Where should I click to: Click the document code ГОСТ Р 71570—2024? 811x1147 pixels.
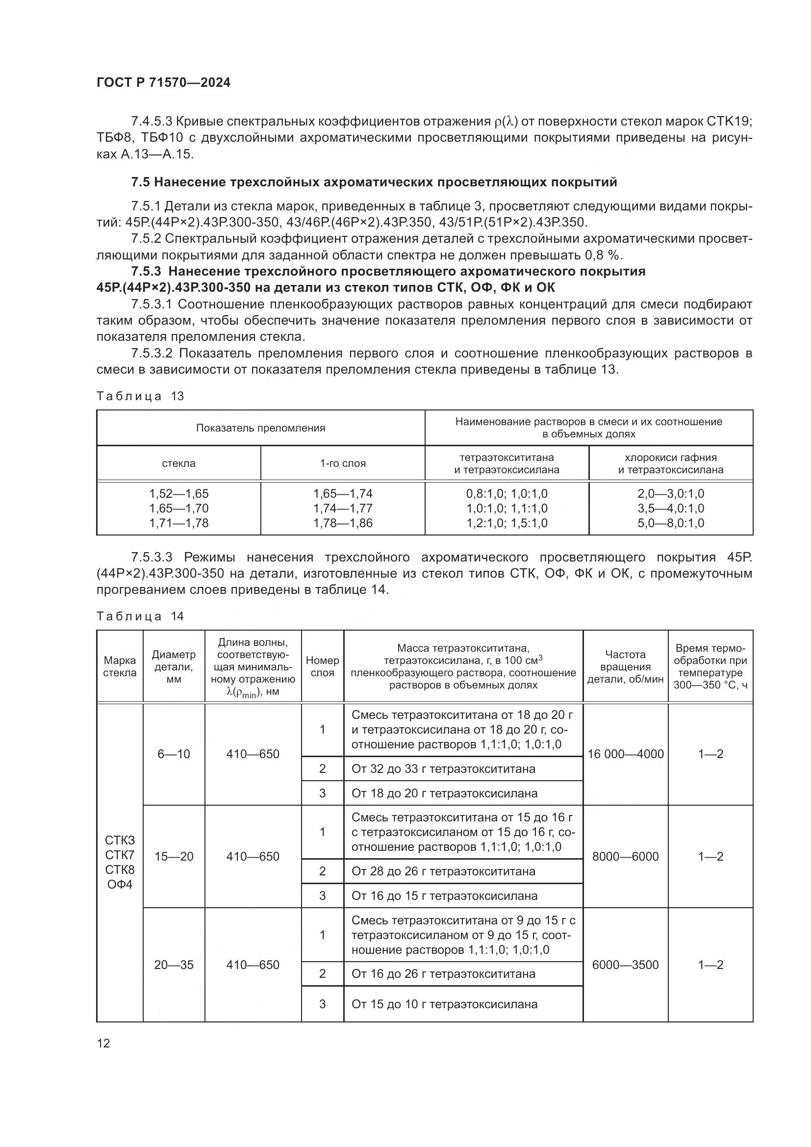[163, 83]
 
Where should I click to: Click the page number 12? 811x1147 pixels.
[103, 1043]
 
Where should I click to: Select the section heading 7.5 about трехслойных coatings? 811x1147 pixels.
[374, 182]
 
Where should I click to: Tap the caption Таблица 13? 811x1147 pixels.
[140, 396]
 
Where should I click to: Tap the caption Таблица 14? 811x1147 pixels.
[140, 616]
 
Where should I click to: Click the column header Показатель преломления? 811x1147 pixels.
[260, 428]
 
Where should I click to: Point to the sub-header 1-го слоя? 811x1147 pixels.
[343, 463]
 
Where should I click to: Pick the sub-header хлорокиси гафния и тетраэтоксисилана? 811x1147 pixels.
[670, 463]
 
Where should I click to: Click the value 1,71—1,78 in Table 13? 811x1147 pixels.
[179, 523]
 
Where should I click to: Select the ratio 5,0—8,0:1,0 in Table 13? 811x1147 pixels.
[670, 523]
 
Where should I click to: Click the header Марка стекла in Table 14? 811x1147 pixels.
[119, 666]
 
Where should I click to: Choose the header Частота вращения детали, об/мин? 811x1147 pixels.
[625, 666]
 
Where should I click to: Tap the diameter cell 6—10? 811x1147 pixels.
[174, 754]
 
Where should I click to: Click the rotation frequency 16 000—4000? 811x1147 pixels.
[625, 754]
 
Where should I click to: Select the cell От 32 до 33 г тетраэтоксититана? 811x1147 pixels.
[443, 769]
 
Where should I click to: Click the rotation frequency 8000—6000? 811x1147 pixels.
[625, 856]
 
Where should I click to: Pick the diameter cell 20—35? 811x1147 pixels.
[174, 965]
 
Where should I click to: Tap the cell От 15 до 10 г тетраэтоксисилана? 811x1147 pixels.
[444, 1004]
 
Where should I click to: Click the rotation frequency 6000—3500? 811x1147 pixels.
[625, 965]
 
